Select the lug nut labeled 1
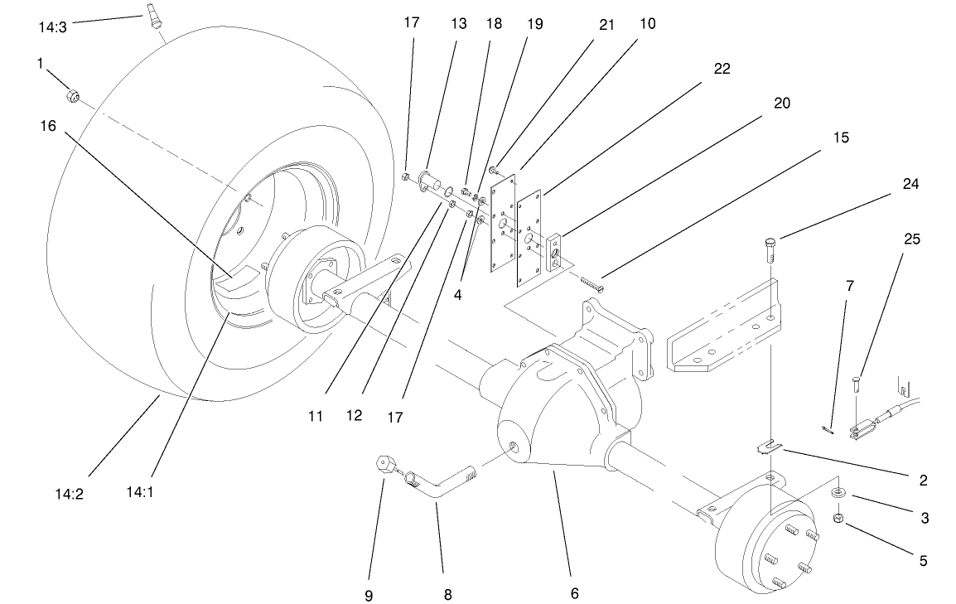[x=73, y=97]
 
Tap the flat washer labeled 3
[x=838, y=494]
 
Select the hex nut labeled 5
[x=837, y=519]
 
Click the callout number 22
[x=722, y=69]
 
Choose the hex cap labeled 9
[x=384, y=463]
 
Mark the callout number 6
[x=574, y=593]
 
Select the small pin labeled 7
[x=828, y=428]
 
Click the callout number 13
[x=459, y=24]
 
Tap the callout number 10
[x=647, y=24]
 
